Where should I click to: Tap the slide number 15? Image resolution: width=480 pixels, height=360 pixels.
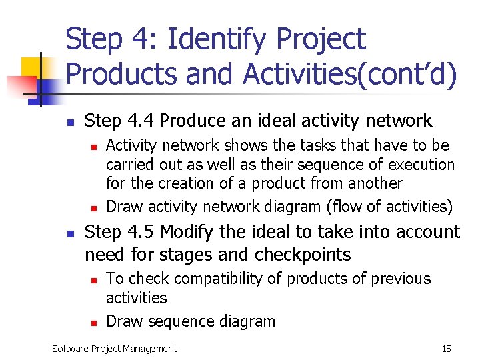click(446, 349)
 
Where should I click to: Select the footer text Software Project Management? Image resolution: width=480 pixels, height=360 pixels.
click(115, 349)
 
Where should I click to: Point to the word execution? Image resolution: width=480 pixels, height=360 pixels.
click(417, 165)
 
